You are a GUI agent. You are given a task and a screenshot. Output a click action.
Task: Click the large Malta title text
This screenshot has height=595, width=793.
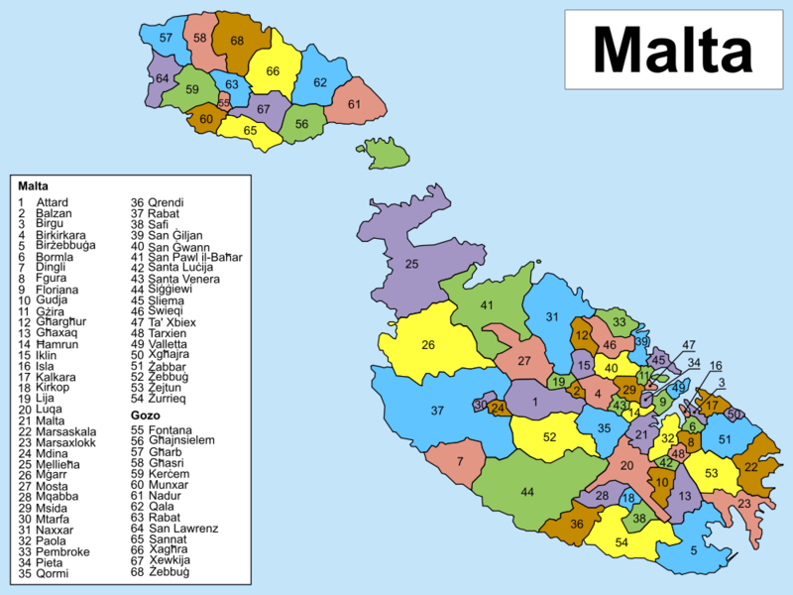(x=673, y=49)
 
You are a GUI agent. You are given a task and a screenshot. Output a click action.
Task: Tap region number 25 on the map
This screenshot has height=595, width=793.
(x=411, y=264)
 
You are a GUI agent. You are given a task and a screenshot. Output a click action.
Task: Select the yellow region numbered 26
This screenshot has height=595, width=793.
(x=428, y=346)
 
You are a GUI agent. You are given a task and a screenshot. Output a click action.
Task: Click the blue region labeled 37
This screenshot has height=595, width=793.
(x=437, y=411)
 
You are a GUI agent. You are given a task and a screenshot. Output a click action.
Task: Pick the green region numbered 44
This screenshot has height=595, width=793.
(x=527, y=492)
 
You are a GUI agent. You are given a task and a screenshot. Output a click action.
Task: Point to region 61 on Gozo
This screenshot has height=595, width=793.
(x=354, y=104)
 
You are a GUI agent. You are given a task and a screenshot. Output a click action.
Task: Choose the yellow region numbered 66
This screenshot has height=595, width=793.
(x=273, y=71)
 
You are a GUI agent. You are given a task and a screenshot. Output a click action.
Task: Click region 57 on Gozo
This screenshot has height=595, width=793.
(x=166, y=39)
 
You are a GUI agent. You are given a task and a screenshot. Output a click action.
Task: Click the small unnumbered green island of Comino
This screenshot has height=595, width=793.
(x=387, y=154)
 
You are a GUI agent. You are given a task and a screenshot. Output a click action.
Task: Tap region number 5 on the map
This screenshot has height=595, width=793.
(x=694, y=550)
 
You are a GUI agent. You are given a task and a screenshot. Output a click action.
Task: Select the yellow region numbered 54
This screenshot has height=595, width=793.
(x=622, y=542)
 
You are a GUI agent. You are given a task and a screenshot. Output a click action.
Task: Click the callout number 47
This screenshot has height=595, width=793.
(x=689, y=344)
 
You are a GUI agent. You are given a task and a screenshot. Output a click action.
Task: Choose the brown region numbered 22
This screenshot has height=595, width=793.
(x=750, y=467)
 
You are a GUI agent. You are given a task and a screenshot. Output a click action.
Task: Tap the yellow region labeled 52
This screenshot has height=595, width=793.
(x=549, y=436)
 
